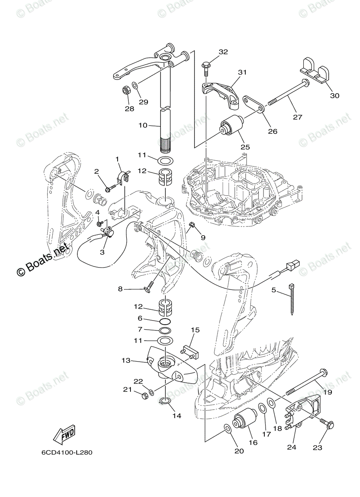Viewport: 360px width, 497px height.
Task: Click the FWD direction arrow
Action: tap(64, 435)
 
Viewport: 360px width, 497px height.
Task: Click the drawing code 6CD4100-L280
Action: tap(67, 452)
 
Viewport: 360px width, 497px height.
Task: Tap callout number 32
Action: tap(223, 52)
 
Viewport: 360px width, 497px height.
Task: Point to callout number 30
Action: tap(334, 96)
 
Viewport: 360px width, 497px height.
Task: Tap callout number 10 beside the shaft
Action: tap(143, 125)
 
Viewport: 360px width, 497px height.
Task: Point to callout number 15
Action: tap(195, 330)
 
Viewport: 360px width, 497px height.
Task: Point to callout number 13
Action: tap(126, 360)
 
